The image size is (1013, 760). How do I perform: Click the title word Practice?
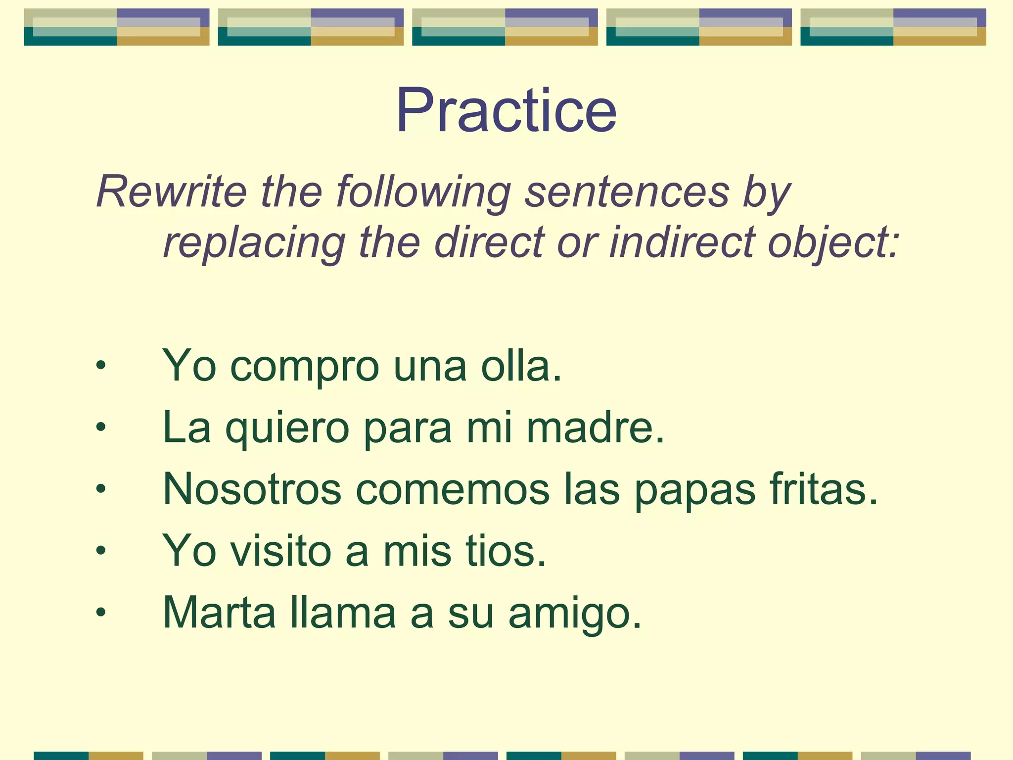pos(506,111)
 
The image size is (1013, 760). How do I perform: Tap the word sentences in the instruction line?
pos(627,192)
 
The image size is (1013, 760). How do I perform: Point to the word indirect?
pos(682,242)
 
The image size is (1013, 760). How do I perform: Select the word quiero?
pos(287,428)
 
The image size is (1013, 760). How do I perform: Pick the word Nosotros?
pos(252,489)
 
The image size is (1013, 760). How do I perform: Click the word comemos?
pos(453,489)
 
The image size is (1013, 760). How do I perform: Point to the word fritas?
pos(824,489)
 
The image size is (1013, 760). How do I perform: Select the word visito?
pos(281,551)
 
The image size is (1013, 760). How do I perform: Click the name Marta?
pos(219,613)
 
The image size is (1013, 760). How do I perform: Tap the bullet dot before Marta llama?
pos(101,613)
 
